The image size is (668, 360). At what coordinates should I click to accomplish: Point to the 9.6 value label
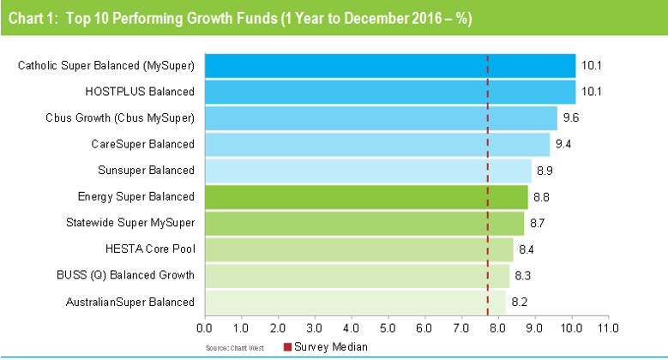570,117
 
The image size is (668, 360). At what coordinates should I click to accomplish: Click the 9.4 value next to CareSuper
563,144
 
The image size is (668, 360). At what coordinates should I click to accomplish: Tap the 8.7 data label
537,223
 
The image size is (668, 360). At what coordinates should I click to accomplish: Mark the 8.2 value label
519,302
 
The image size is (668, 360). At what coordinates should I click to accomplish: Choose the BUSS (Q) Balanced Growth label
130,275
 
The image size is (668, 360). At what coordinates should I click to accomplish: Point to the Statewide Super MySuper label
130,223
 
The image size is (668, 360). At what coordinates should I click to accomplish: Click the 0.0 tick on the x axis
205,327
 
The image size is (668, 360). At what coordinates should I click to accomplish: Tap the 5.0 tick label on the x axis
388,327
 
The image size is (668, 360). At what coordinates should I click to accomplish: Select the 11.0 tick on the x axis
608,327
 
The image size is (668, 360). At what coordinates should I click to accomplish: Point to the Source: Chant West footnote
233,347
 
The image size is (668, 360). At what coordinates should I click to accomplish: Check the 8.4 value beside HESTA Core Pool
527,249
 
